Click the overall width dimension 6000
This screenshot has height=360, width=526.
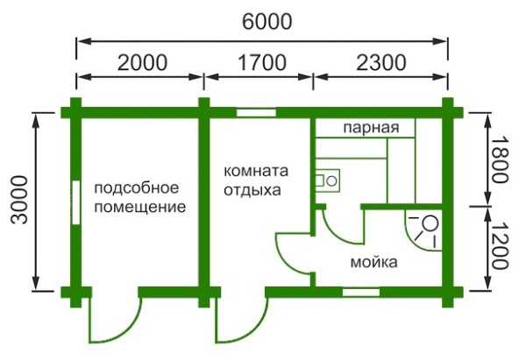coord(262,20)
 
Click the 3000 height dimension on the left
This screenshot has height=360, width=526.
coord(19,201)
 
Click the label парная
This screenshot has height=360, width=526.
coord(371,128)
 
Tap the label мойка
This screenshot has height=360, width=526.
coord(373,262)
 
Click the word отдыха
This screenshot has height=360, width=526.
coord(252,188)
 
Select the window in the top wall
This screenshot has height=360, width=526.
coord(256,112)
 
